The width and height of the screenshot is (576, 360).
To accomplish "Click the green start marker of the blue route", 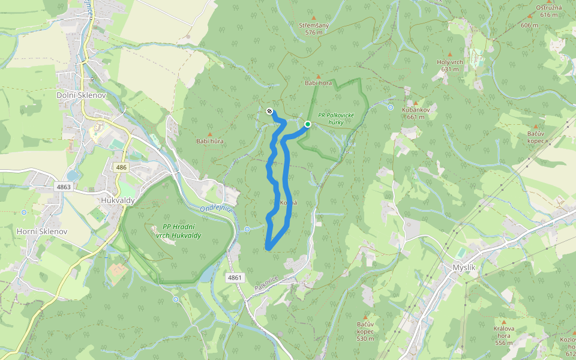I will (307, 124).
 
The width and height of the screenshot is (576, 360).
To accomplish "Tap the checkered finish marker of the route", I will (269, 110).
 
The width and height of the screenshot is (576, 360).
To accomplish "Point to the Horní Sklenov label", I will (42, 231).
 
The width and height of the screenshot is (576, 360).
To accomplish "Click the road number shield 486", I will (122, 167).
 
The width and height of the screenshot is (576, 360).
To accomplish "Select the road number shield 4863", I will (64, 187).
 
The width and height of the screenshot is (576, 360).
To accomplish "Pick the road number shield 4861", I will (235, 278).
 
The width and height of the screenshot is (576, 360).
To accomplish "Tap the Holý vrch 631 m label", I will (449, 65).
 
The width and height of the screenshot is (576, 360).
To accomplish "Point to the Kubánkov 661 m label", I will (415, 113).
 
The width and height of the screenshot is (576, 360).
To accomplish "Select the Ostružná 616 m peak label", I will (548, 11).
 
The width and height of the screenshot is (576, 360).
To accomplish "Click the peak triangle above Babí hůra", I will (209, 134).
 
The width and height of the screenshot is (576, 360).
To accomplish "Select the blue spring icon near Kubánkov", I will (391, 108).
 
